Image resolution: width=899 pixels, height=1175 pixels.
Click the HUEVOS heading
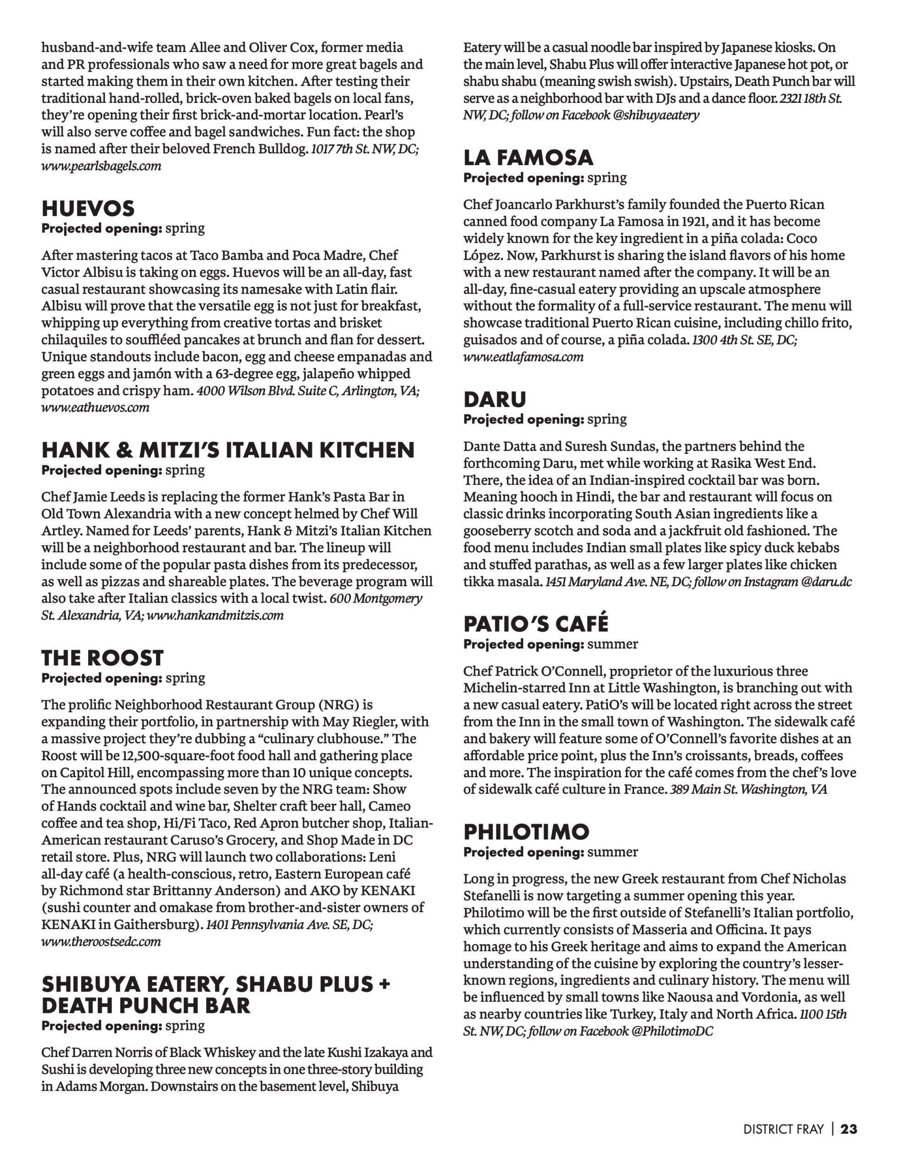[88, 208]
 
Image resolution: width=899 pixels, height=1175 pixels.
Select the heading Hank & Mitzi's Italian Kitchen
[228, 450]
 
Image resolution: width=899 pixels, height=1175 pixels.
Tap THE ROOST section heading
[102, 658]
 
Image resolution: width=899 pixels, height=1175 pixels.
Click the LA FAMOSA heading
[528, 158]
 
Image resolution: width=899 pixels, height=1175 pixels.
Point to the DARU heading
[494, 399]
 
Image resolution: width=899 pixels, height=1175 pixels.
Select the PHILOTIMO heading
[526, 832]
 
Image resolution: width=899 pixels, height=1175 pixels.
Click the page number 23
[848, 1129]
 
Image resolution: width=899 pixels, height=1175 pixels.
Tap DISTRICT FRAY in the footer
[783, 1129]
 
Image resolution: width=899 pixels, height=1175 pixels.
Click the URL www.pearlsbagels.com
[101, 166]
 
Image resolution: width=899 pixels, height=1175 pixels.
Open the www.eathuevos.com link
[95, 408]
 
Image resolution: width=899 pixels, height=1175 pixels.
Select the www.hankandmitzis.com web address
[215, 615]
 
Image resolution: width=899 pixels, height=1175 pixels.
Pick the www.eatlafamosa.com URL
[523, 357]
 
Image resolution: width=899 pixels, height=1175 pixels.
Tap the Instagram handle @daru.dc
[826, 582]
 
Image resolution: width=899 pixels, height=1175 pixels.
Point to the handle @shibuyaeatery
[656, 115]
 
